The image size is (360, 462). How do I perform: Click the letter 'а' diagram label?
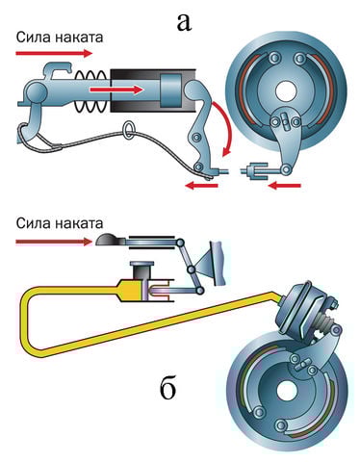(184, 22)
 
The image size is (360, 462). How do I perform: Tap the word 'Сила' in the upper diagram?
(33, 38)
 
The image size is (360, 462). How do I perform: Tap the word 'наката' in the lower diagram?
(79, 223)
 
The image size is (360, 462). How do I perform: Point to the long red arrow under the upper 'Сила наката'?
(54, 53)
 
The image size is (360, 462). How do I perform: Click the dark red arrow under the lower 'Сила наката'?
(54, 242)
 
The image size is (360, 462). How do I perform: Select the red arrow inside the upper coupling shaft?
(116, 90)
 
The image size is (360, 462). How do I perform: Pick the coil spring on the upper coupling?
(90, 90)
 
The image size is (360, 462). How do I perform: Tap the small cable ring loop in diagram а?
(129, 130)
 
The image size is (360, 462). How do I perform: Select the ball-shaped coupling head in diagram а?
(37, 91)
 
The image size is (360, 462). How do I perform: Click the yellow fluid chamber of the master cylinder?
(130, 290)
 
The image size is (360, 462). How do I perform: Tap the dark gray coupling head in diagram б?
(108, 240)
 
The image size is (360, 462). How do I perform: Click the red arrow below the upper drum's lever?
(285, 185)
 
